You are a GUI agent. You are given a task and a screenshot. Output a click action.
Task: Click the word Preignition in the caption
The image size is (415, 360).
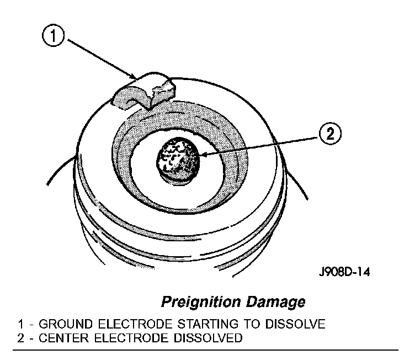(198, 302)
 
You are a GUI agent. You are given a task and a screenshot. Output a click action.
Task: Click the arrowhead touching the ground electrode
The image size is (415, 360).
(134, 76)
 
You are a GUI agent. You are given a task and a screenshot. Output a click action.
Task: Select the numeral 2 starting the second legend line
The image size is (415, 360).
(20, 337)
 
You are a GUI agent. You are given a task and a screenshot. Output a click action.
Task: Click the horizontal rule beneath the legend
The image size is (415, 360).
(207, 350)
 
